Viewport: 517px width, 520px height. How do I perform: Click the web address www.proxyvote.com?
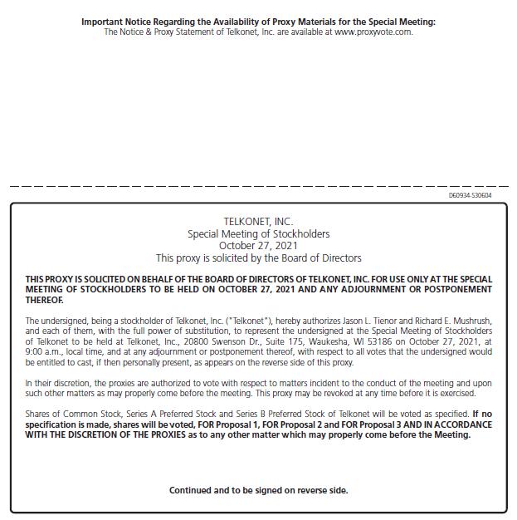click(373, 32)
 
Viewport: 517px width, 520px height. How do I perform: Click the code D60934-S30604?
click(470, 195)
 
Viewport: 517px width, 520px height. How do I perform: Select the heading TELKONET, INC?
click(258, 222)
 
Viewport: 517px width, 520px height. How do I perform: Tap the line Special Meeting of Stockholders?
click(258, 234)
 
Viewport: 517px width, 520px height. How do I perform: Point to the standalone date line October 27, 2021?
click(258, 246)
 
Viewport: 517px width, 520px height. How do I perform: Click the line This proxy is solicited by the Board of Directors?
click(258, 258)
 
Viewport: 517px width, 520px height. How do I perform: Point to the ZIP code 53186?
click(396, 341)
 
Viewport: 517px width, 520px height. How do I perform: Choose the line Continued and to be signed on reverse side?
click(258, 490)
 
